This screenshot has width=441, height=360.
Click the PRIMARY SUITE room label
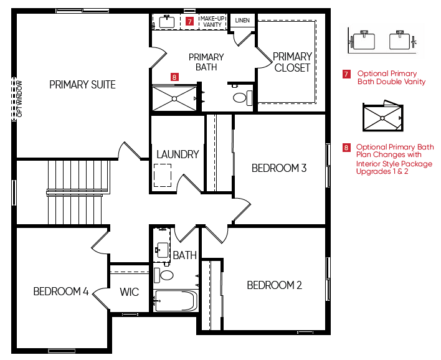coord(82,84)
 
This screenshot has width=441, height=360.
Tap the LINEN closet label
coord(242,21)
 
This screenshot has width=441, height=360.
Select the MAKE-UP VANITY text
coord(212,21)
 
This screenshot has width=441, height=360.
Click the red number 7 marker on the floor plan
coord(190,21)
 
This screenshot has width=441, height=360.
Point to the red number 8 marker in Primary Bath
coord(174,77)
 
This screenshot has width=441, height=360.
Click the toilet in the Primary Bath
coord(243,98)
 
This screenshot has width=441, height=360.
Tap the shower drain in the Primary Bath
coord(174,98)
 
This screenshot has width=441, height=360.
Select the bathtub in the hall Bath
coord(176,301)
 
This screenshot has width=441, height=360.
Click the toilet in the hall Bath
coord(163,275)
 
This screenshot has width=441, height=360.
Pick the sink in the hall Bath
coord(163,250)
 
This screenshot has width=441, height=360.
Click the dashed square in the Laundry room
coord(163,175)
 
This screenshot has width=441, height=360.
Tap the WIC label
coord(130,291)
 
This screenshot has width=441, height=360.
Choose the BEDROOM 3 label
coord(279,168)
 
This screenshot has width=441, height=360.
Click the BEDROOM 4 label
coord(61,291)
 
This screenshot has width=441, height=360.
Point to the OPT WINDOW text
coord(19,98)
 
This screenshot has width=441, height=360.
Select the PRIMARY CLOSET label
coord(292,62)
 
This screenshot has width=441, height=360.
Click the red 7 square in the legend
coord(346,74)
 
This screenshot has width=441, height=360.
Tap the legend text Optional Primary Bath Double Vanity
coord(391,78)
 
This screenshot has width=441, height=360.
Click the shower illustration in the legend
coord(383,116)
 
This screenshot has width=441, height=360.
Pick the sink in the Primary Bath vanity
coord(167,22)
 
